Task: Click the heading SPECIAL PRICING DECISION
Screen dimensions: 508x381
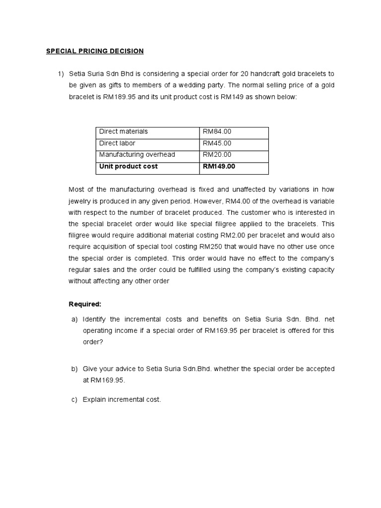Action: click(x=95, y=51)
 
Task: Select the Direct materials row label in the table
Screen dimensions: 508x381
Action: click(x=124, y=131)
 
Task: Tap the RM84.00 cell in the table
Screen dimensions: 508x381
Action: click(x=217, y=131)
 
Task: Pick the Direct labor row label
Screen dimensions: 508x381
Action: click(x=117, y=143)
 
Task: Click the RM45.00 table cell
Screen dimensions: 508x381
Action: click(x=217, y=143)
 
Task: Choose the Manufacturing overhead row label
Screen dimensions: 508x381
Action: click(x=137, y=155)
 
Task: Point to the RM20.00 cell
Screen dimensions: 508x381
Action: click(x=217, y=155)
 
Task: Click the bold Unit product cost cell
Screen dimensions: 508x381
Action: click(x=128, y=167)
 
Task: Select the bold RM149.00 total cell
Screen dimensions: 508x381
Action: click(x=219, y=167)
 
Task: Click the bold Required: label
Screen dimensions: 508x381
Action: click(x=84, y=304)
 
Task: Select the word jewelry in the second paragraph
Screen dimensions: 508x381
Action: click(x=80, y=201)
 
